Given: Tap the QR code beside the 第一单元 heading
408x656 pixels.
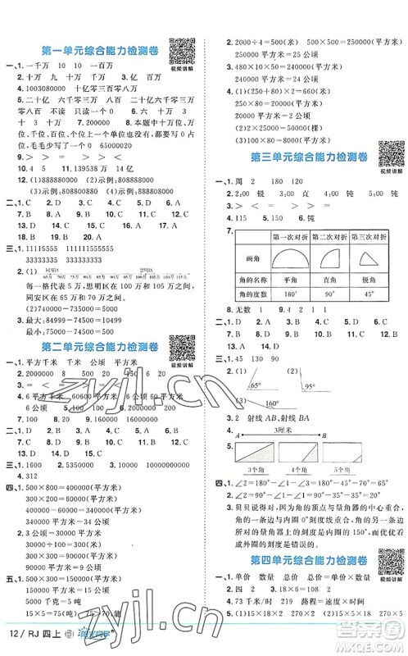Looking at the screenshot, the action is tap(179, 51).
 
